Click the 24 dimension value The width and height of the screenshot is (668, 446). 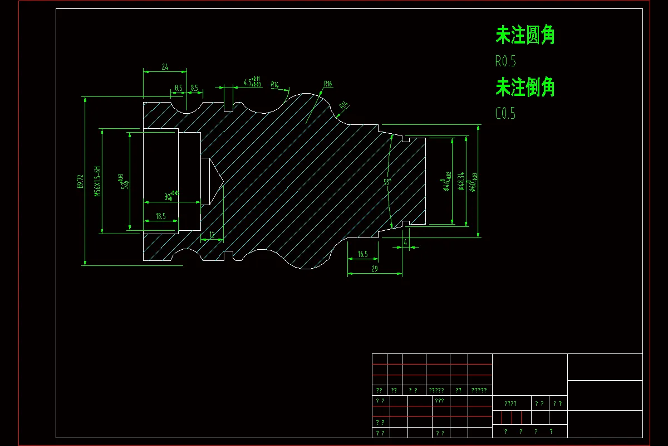point(165,67)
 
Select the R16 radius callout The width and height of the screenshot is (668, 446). point(328,84)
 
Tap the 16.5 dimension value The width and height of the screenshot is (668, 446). point(362,254)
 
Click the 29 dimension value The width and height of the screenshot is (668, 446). point(374,269)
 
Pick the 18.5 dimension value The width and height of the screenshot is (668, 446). point(160,216)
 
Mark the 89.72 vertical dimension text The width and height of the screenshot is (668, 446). point(81,182)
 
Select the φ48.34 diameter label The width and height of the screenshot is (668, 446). point(460,182)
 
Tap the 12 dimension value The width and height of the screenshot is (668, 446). point(212,235)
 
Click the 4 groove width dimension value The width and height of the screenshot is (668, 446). point(405,243)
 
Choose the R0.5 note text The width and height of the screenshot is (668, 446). point(509,61)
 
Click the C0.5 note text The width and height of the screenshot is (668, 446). point(505,114)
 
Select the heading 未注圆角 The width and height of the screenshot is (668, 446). point(525,35)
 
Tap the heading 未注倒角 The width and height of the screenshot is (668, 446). point(525,87)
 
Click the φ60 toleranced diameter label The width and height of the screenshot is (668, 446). point(473,182)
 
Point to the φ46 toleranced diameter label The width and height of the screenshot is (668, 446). point(446,182)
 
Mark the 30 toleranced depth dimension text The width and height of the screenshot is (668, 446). point(171,196)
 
